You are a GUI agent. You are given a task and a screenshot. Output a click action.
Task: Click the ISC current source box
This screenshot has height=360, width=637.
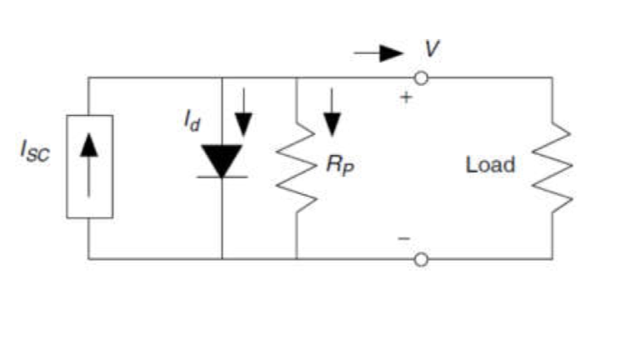[x=89, y=167]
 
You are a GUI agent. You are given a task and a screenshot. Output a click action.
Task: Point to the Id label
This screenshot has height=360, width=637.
[x=193, y=122]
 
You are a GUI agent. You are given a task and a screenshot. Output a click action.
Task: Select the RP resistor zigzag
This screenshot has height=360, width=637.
[x=296, y=167]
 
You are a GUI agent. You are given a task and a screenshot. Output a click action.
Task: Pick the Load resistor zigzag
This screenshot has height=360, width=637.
[x=551, y=167]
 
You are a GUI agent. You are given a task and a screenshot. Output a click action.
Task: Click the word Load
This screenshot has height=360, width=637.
[x=490, y=164]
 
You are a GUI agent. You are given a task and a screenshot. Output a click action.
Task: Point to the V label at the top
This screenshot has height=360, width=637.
[x=431, y=49]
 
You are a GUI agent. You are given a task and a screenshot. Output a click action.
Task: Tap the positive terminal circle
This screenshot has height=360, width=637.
[x=422, y=78]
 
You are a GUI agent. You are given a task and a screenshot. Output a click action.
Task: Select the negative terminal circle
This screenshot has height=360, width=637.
[x=422, y=259]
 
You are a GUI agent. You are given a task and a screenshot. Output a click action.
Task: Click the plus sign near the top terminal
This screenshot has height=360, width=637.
[x=407, y=97]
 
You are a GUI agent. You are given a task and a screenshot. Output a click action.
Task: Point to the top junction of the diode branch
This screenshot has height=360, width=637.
[x=222, y=78]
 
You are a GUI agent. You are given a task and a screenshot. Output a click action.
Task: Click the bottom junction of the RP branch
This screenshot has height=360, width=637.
[x=296, y=259]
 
